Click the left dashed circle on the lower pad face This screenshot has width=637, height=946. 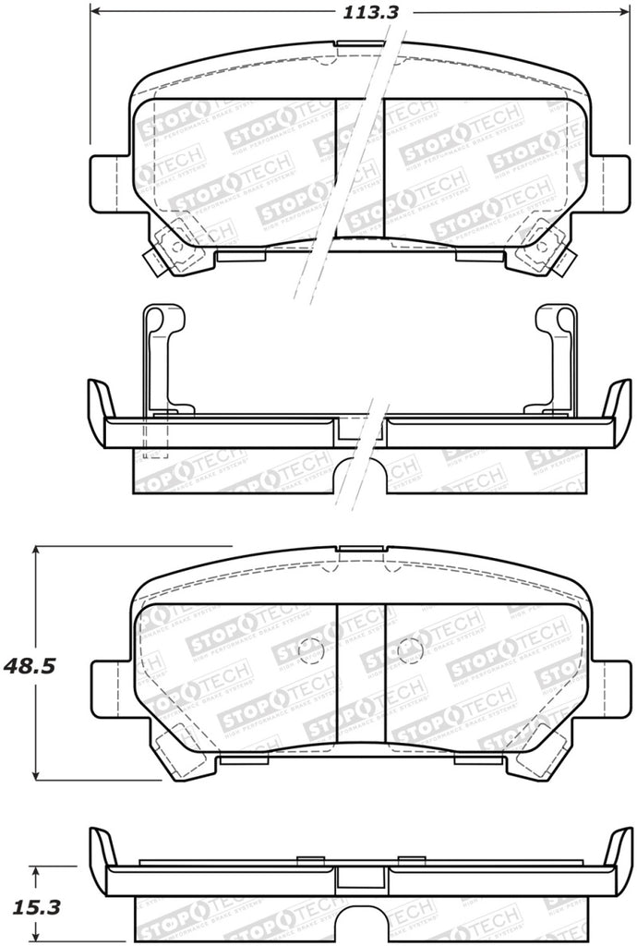point(311,650)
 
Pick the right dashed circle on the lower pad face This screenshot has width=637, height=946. point(409,650)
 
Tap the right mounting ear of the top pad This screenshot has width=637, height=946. point(607,181)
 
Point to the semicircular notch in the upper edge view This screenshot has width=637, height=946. point(360,475)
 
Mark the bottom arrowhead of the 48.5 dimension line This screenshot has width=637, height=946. point(36,773)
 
